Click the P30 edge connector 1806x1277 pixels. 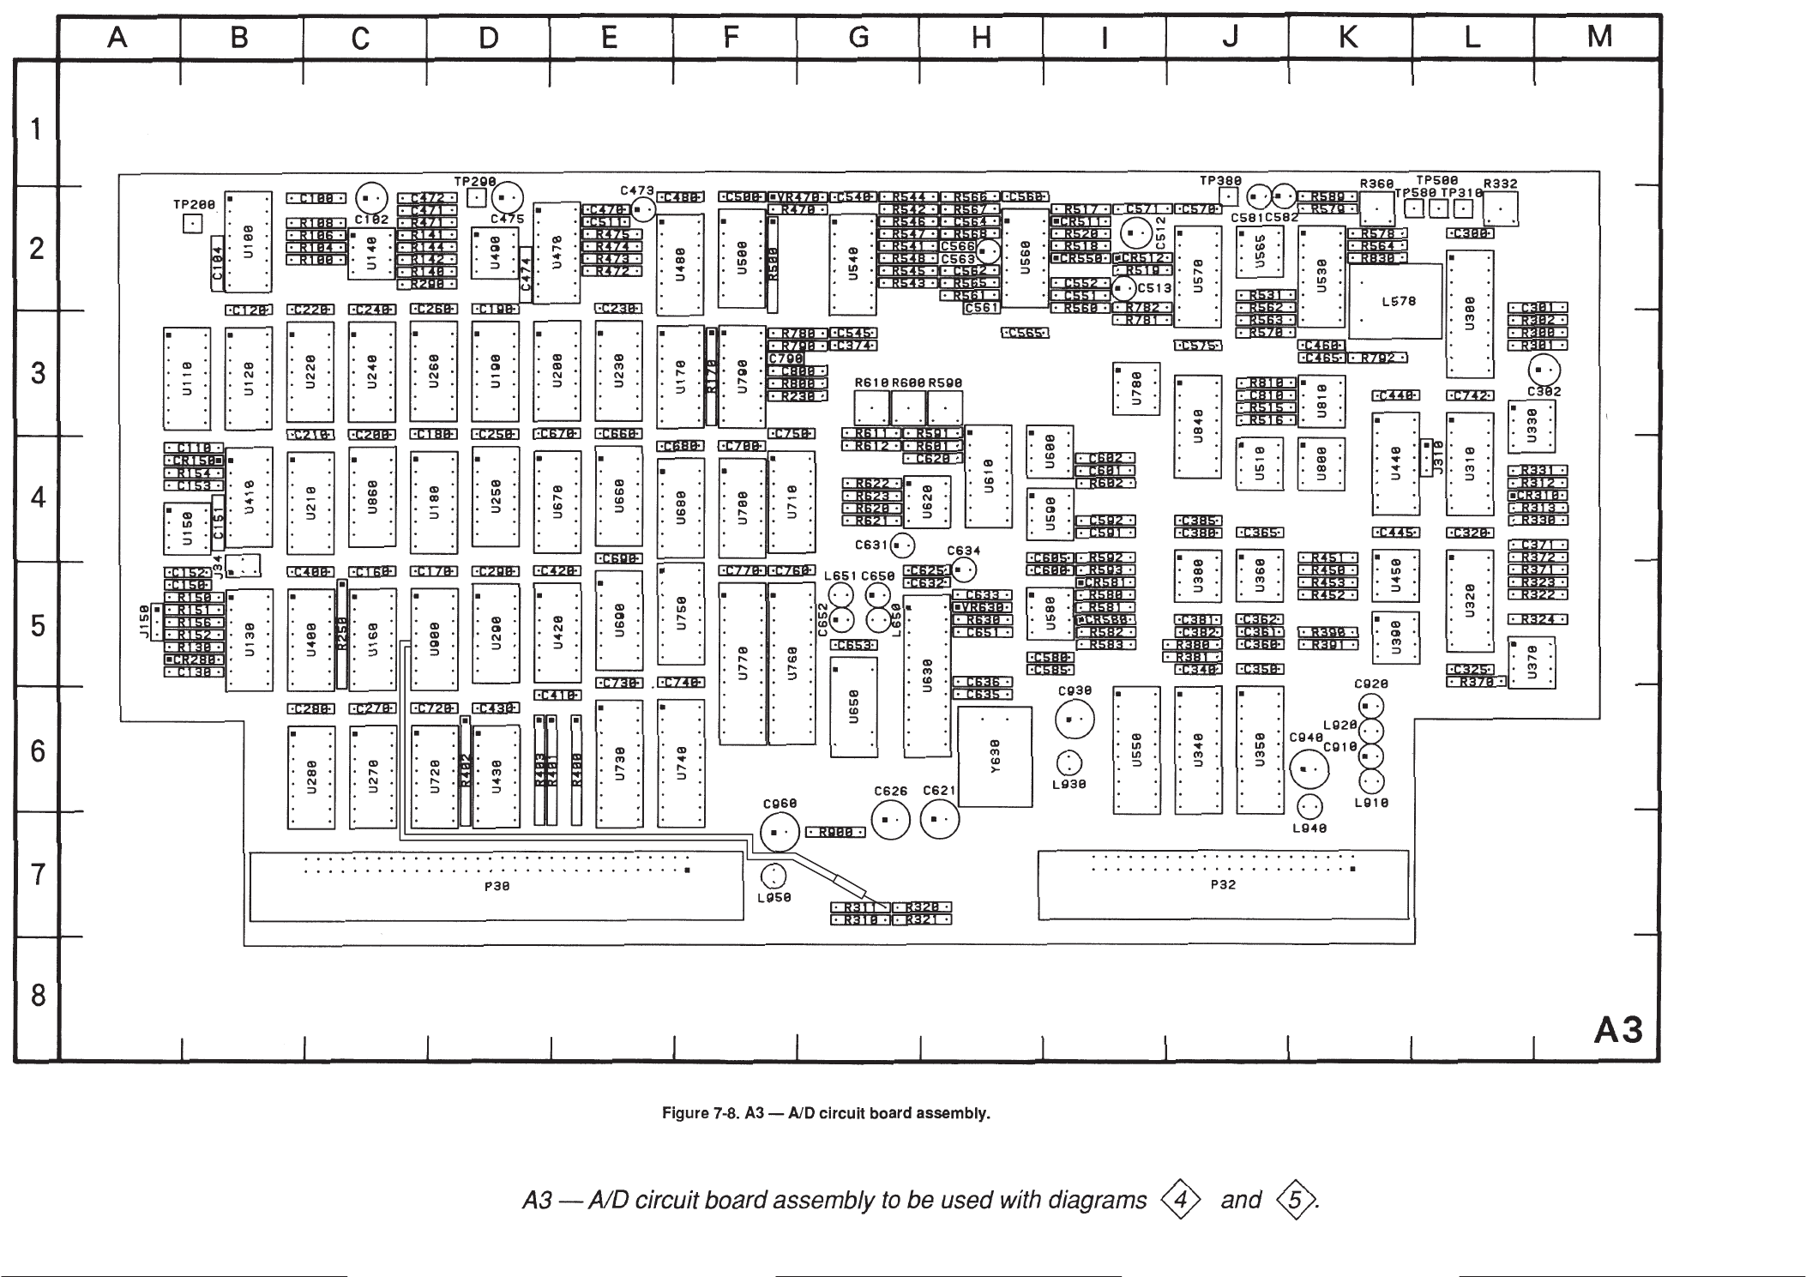[496, 886]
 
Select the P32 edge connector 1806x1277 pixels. [1222, 884]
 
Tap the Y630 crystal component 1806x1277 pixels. [995, 757]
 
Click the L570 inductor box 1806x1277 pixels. [1395, 301]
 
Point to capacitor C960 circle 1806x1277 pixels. [780, 832]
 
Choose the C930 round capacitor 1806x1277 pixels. [1074, 720]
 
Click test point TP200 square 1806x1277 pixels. [193, 224]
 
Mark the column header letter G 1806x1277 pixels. [858, 37]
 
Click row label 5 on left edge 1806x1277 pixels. [37, 624]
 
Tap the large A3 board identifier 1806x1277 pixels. [1617, 1030]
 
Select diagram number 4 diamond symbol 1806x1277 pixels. [1180, 1199]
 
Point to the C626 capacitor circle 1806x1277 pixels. [891, 821]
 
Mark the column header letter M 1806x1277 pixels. [1599, 37]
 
